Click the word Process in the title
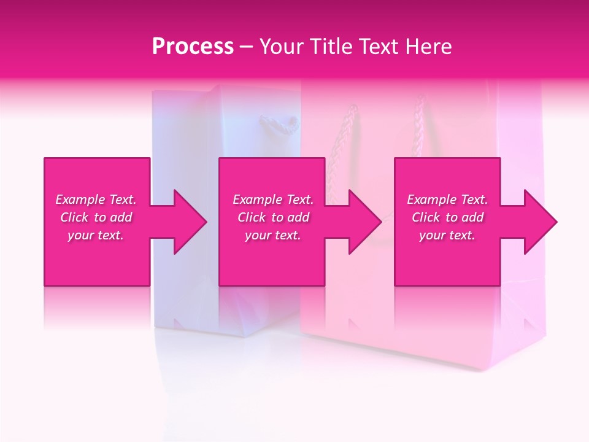point(193,47)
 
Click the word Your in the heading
point(282,47)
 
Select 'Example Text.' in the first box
point(96,200)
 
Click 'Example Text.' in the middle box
point(273,200)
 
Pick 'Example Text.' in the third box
point(447,200)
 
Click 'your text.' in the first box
point(96,235)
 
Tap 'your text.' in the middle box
point(273,235)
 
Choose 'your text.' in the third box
point(447,235)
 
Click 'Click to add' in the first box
point(96,217)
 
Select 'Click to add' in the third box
point(447,217)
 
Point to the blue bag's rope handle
point(279,125)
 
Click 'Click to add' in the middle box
point(273,217)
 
